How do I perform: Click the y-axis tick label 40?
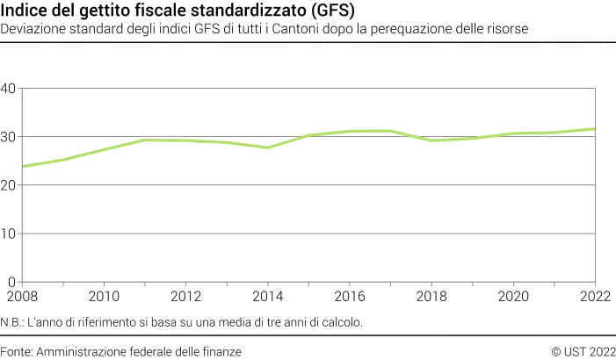point(10,89)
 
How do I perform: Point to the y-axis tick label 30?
point(10,137)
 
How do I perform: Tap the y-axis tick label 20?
point(10,185)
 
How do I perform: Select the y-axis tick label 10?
point(10,234)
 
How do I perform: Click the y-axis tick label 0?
point(13,282)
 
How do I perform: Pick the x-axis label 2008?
point(22,296)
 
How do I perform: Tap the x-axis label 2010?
point(105,296)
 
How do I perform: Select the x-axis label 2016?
point(350,296)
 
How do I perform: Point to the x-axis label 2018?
point(431,296)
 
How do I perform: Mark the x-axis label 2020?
point(513,296)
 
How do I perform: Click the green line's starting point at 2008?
point(22,166)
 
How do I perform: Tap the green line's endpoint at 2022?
point(595,129)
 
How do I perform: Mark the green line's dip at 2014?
point(267,148)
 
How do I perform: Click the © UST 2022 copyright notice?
point(583,350)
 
